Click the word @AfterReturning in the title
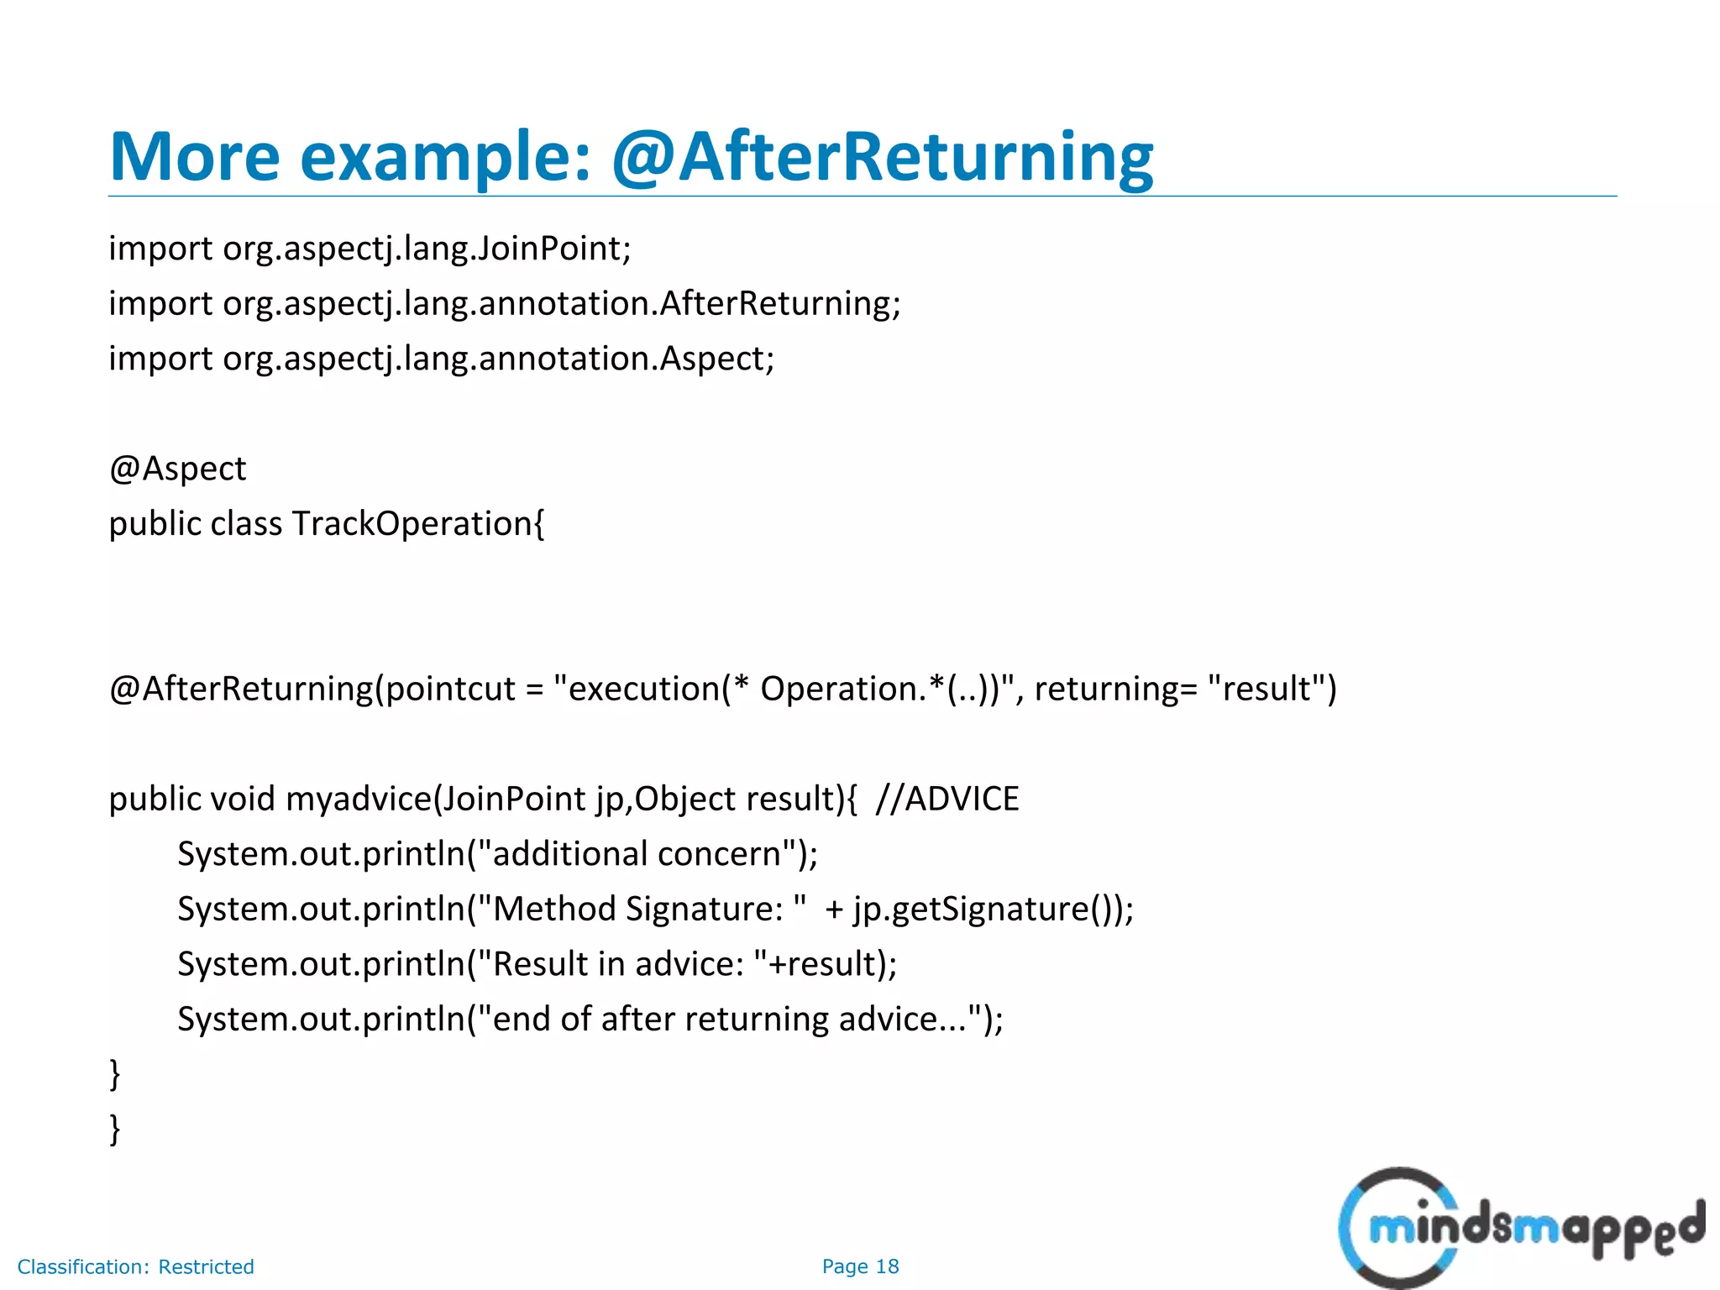pyautogui.click(x=882, y=157)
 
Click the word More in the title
pyautogui.click(x=194, y=157)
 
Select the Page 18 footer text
pyautogui.click(x=860, y=1266)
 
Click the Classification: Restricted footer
pyautogui.click(x=135, y=1266)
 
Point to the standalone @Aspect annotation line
pyautogui.click(x=177, y=469)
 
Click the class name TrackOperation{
pyautogui.click(x=417, y=524)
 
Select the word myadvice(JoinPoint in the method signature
pyautogui.click(x=435, y=799)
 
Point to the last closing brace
pyautogui.click(x=115, y=1129)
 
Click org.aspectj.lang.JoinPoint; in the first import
pyautogui.click(x=427, y=249)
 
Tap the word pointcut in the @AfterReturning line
pyautogui.click(x=449, y=689)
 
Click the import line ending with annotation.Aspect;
pyautogui.click(x=441, y=359)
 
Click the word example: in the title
pyautogui.click(x=445, y=157)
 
